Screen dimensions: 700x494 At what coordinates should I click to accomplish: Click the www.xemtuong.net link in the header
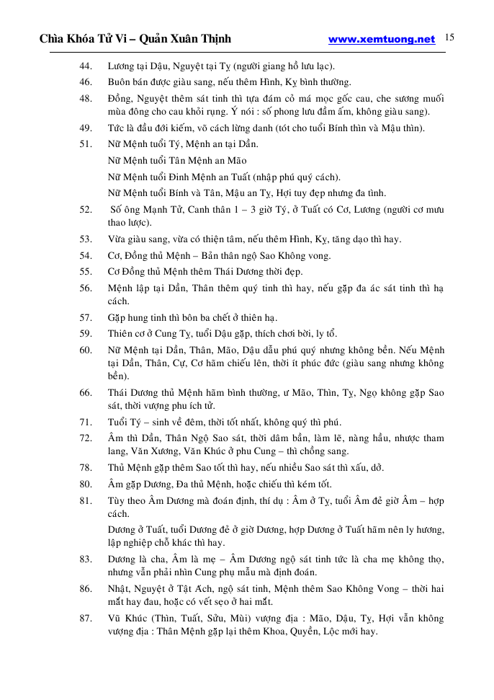click(382, 40)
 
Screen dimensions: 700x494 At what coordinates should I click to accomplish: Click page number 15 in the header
click(449, 37)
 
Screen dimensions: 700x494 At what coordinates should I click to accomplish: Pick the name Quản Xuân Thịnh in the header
click(186, 39)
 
